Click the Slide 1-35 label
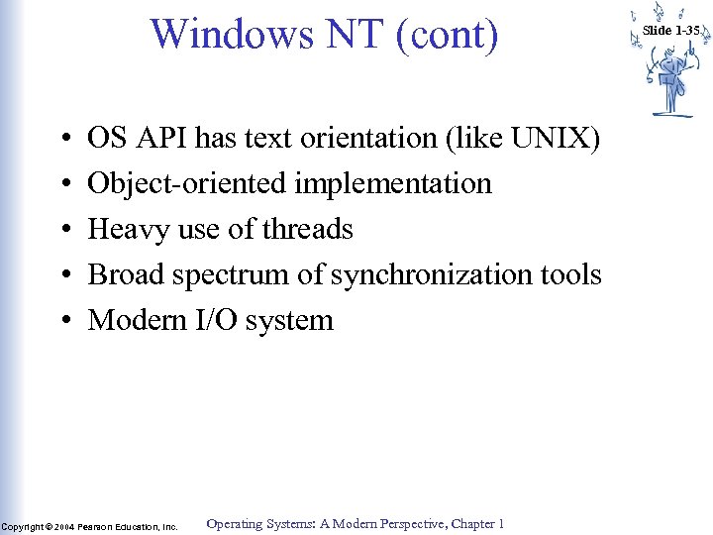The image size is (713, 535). (x=670, y=30)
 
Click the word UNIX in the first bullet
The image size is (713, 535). (x=556, y=139)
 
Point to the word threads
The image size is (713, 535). (x=307, y=230)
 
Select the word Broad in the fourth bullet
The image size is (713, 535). (x=126, y=274)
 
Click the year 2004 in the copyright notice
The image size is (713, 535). (x=64, y=527)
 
